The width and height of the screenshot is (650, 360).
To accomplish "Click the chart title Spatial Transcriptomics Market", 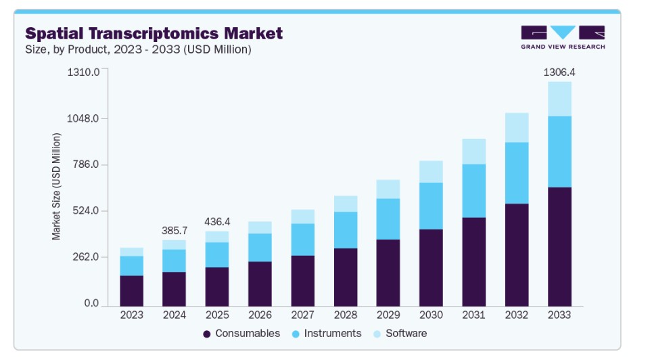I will (x=154, y=33).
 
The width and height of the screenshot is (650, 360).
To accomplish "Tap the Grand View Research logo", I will (x=562, y=37).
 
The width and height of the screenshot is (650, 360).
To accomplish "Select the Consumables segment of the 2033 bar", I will (x=559, y=246).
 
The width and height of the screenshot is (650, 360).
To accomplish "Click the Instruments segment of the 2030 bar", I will (x=431, y=206).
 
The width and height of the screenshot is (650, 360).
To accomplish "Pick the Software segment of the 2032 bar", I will (x=517, y=127).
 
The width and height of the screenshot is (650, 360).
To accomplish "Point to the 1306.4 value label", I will (x=559, y=72).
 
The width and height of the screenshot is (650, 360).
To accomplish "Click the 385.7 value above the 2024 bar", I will (x=174, y=231).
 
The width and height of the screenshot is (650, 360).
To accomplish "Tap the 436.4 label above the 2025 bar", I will (x=216, y=222).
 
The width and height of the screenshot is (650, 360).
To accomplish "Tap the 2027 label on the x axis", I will (x=302, y=315).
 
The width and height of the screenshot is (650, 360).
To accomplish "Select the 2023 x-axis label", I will (x=131, y=315).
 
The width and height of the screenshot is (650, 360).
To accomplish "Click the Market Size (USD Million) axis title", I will (x=57, y=187).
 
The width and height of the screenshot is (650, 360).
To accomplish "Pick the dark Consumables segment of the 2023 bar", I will (x=131, y=291).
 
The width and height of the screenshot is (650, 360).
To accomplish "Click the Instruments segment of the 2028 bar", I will (x=345, y=230).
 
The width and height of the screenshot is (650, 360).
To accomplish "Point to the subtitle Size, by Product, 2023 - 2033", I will (x=138, y=49).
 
